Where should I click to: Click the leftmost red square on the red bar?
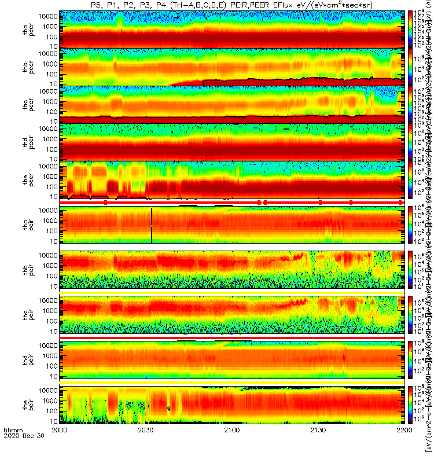[105, 202]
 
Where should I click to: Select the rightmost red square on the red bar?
[400, 202]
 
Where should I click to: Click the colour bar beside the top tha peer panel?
[410, 30]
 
